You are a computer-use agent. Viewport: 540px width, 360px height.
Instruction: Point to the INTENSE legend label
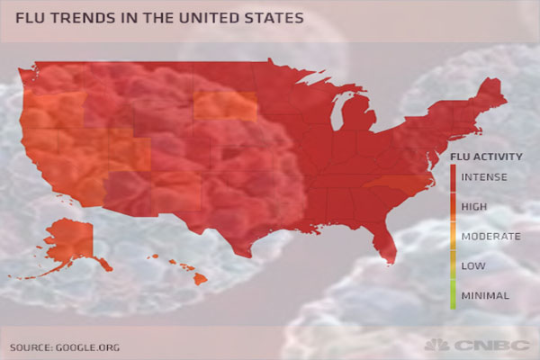(x=486, y=178)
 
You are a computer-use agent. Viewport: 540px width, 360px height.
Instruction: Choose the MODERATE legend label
(x=490, y=236)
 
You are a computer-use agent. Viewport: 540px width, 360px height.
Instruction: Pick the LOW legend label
(x=473, y=265)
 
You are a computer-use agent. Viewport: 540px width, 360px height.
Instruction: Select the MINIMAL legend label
(x=486, y=294)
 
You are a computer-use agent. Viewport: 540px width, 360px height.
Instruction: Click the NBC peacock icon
(x=437, y=345)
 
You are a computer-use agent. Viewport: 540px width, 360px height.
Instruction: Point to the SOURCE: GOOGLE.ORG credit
(x=64, y=346)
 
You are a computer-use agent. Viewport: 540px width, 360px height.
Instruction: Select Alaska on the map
(x=67, y=241)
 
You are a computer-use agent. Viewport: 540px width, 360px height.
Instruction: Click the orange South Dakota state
(x=225, y=105)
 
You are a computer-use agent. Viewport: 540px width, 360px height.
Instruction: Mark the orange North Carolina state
(x=396, y=187)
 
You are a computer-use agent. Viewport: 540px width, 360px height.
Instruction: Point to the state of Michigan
(x=355, y=126)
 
